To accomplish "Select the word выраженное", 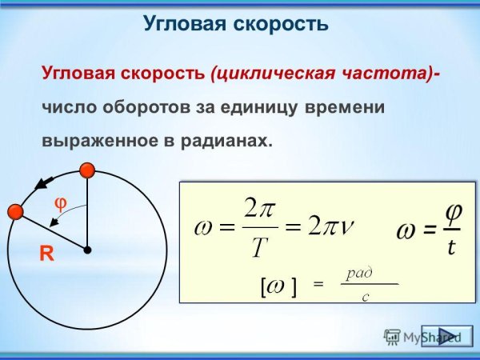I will [94, 139].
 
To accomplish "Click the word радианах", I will [226, 139].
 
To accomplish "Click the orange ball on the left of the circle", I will [14, 212].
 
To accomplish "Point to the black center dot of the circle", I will [86, 250].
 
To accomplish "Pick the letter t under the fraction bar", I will [451, 248].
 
